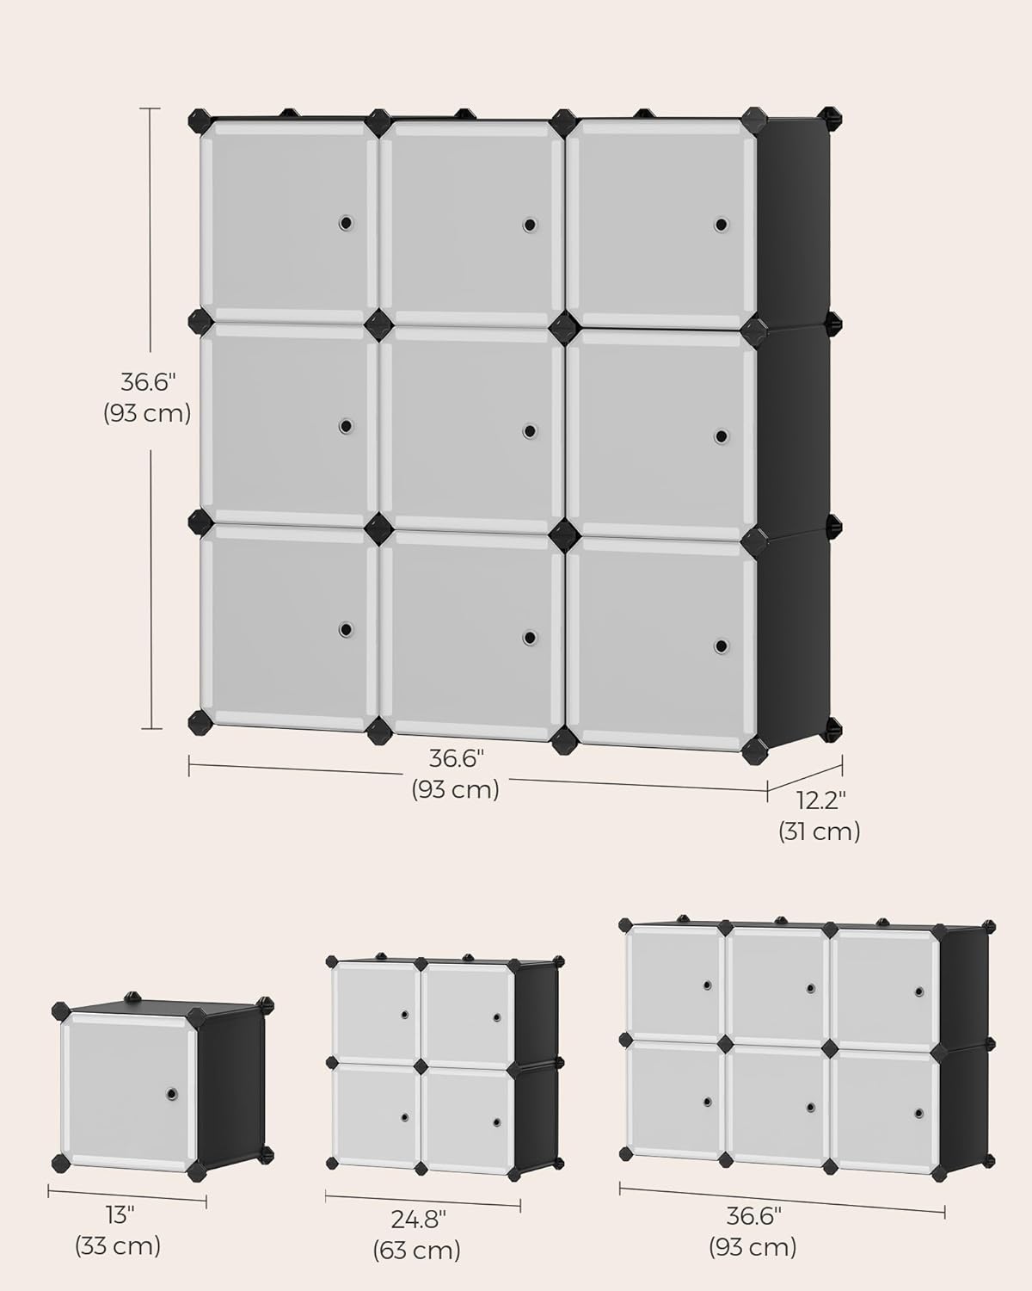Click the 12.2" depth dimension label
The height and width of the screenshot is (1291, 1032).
coord(820,800)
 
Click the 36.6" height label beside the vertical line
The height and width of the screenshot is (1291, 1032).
coord(147,380)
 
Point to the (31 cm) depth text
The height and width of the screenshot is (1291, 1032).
coord(819,831)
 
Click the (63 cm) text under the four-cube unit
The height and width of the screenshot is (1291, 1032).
coord(417,1250)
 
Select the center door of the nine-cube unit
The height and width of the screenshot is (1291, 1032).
coord(471,430)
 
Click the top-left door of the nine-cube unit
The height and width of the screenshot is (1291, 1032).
coord(287,222)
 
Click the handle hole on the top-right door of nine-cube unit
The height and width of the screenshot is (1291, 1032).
coord(720,225)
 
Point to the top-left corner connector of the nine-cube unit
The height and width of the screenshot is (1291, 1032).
coord(200,120)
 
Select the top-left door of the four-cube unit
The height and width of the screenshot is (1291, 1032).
coord(374,1011)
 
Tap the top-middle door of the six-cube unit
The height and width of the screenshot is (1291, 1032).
coord(777,985)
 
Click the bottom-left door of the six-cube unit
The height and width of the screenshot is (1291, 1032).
coord(674,1099)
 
